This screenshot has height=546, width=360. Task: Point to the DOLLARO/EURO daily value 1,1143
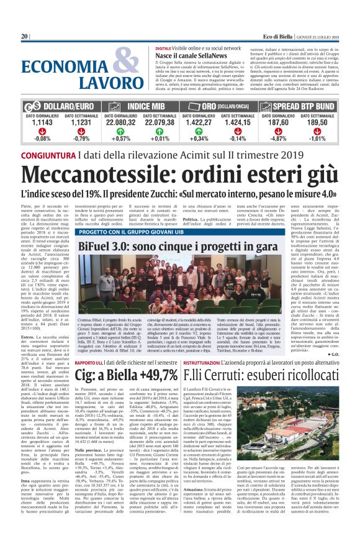43,124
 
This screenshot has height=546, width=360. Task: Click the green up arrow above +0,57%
124,132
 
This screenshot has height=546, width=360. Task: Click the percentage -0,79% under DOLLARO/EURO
81,139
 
